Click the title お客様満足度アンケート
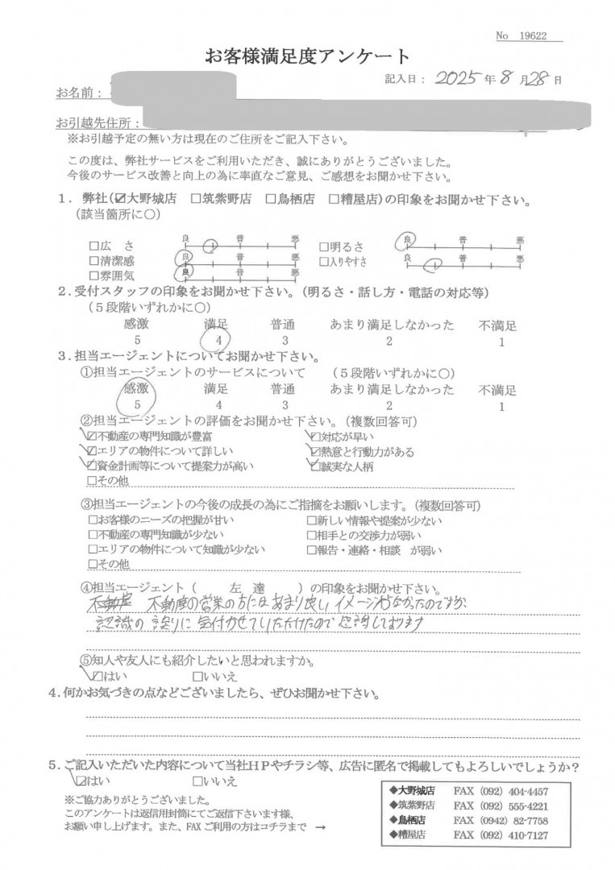coord(307,57)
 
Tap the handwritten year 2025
coord(455,78)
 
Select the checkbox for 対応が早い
coord(316,437)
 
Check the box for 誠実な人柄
coord(316,466)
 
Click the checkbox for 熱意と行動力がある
coord(316,452)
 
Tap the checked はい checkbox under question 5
coord(81,781)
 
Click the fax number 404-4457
coord(527,791)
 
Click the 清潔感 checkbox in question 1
coord(93,260)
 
